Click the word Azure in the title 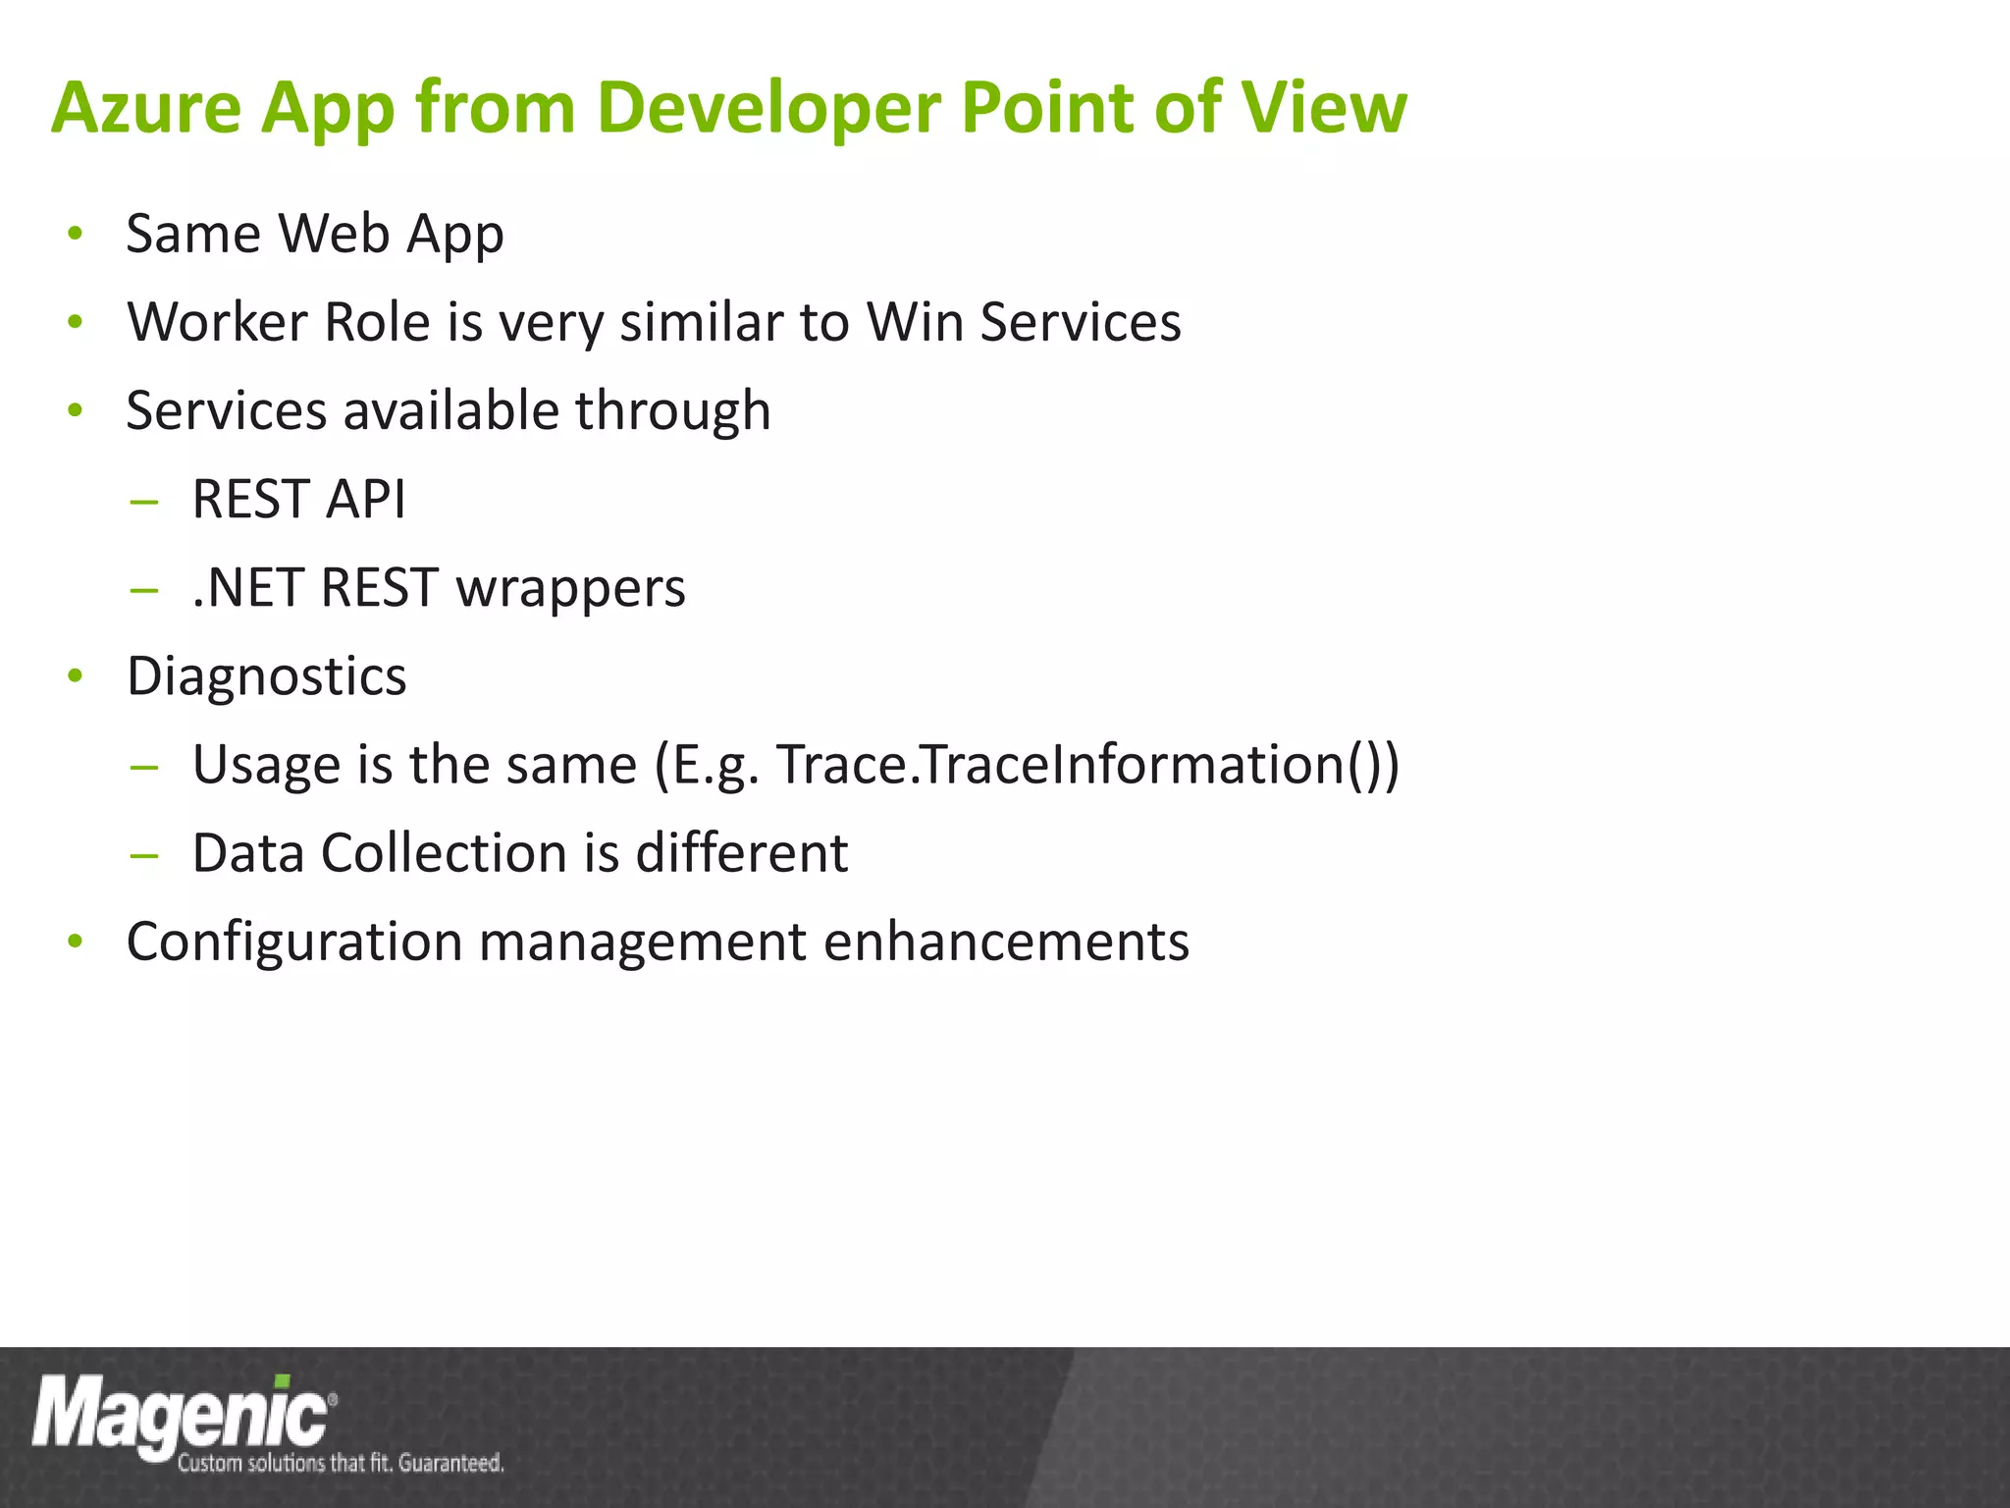pos(146,107)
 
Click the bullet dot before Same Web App pos(75,235)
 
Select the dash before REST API pos(143,502)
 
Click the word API pos(365,499)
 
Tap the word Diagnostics pos(266,676)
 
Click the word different pos(741,853)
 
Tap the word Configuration pos(293,942)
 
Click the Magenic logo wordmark pos(182,1414)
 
